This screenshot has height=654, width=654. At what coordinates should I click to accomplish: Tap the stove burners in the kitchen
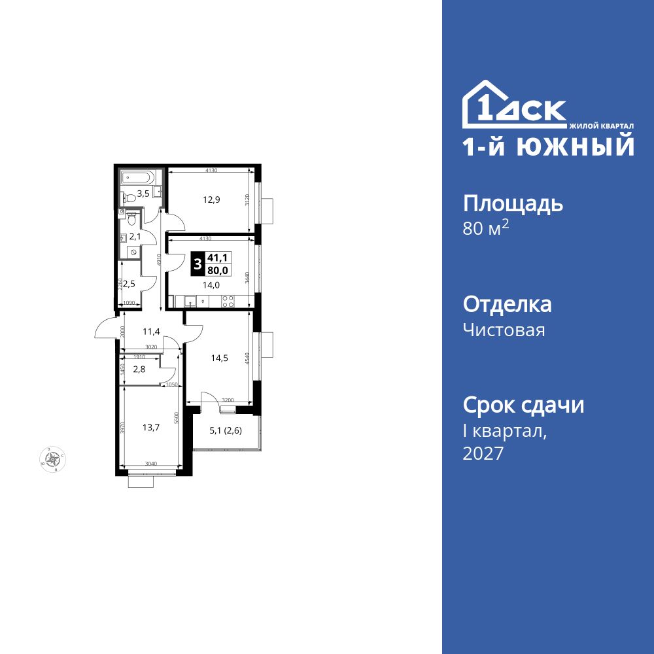[228, 301]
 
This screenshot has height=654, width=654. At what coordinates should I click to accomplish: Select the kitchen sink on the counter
[191, 301]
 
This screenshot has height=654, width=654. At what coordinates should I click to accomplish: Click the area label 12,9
[211, 199]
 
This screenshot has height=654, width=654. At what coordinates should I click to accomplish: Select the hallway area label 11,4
[152, 332]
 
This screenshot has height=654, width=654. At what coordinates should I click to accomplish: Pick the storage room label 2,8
[139, 370]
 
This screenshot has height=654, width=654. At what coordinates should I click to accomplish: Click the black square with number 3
[198, 264]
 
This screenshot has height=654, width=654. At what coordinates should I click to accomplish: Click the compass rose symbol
[52, 457]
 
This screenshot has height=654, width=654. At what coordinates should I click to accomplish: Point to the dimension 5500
[177, 418]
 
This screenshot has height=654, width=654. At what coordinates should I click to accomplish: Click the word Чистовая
[504, 330]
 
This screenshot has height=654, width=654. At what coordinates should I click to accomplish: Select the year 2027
[483, 453]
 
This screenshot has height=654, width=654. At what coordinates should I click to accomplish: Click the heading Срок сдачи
[523, 405]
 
